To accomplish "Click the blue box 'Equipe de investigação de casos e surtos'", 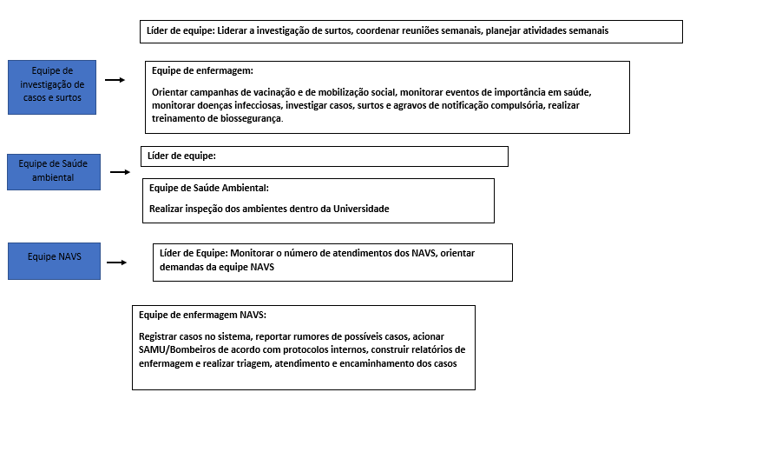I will click(52, 86).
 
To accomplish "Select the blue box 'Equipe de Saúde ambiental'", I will click(54, 171).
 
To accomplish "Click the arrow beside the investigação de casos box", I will click(115, 80).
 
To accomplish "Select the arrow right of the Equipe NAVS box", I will click(118, 262).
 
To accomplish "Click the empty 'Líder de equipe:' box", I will click(324, 156).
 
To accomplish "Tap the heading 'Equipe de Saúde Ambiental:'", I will click(209, 188).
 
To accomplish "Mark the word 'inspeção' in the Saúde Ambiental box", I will click(206, 209).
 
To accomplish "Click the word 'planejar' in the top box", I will click(505, 30).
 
